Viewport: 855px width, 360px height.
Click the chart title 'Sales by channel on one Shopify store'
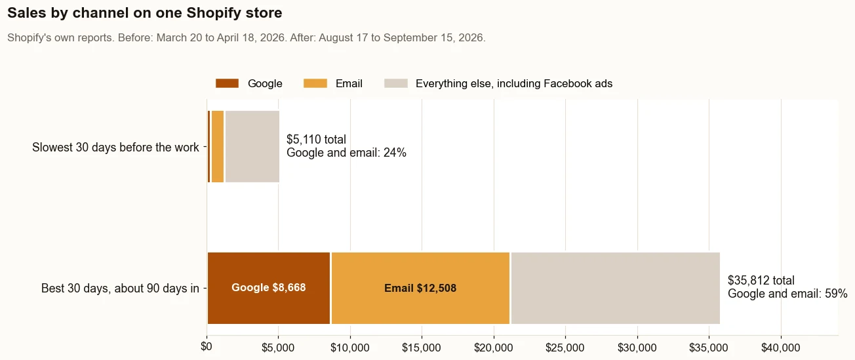tap(145, 13)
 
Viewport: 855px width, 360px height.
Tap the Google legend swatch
tap(227, 83)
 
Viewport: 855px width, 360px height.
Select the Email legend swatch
tap(315, 83)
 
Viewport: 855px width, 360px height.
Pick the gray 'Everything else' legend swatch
tap(396, 83)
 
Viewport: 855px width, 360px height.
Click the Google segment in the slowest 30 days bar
tap(209, 147)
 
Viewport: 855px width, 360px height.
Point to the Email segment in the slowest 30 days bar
tap(218, 147)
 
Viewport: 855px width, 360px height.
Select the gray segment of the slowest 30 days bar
tap(252, 147)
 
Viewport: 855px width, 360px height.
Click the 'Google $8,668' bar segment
tap(269, 288)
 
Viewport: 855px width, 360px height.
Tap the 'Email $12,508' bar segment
tap(420, 288)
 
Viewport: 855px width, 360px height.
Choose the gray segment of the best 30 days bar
tap(616, 288)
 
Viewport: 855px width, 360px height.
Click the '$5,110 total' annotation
tap(317, 139)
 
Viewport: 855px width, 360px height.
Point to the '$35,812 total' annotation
tap(761, 281)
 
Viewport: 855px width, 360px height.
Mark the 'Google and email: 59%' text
tap(787, 294)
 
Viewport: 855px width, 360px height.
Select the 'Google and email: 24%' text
tap(346, 153)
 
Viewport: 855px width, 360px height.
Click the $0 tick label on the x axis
tap(207, 347)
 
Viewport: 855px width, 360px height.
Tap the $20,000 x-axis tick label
tap(494, 348)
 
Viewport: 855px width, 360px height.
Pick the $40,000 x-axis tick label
tap(780, 348)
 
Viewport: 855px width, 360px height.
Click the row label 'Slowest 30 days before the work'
tap(115, 148)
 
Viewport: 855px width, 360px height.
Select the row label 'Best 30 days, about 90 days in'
tap(120, 289)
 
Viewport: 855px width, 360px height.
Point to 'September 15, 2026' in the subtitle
tap(433, 38)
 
